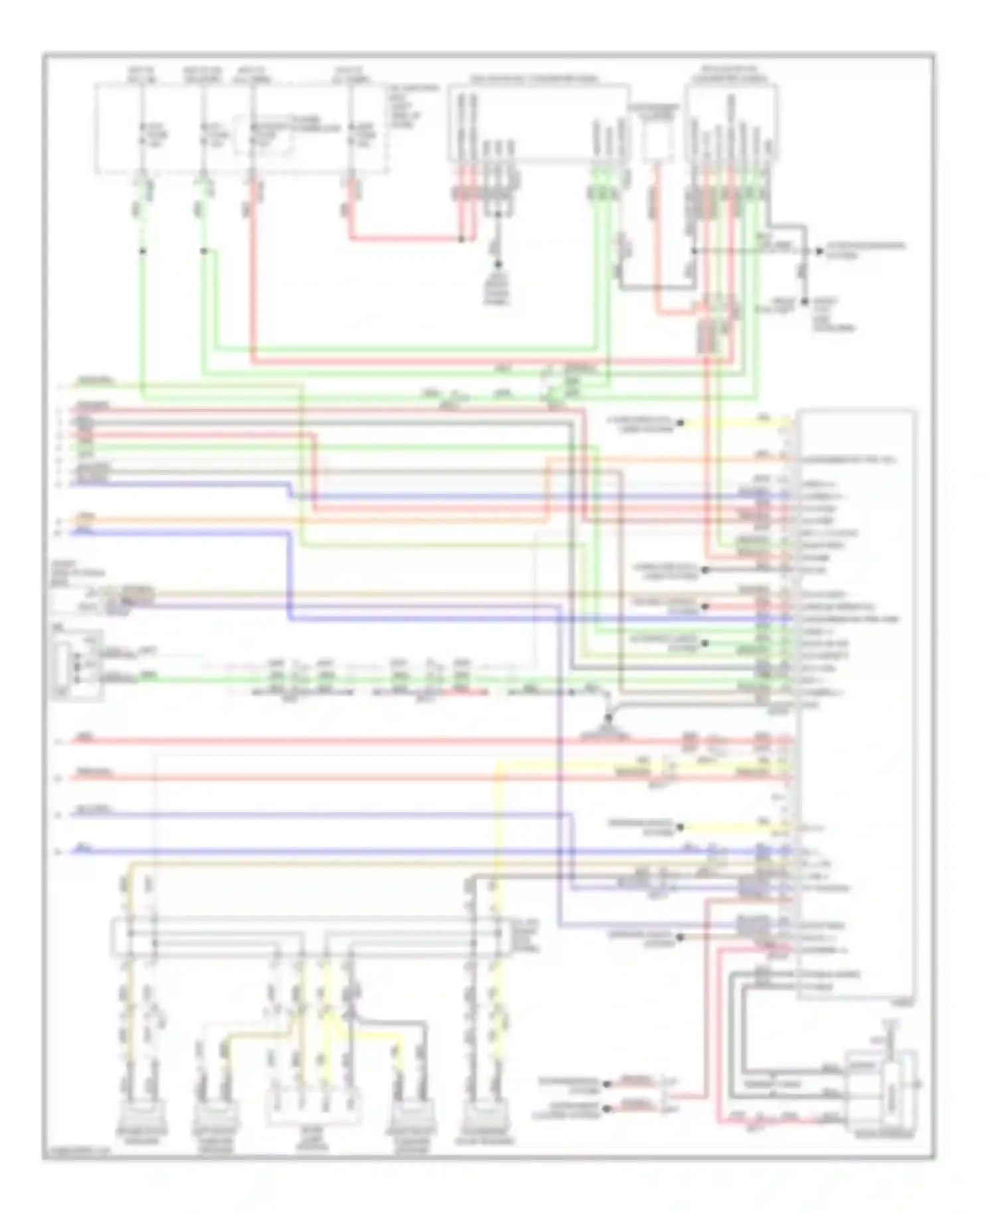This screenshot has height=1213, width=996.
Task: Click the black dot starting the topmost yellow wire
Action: [681, 422]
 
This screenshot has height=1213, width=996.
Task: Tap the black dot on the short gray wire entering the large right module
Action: [705, 569]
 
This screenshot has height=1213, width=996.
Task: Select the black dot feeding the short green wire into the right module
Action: [705, 643]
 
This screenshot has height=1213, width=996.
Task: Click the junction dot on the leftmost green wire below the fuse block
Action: [142, 251]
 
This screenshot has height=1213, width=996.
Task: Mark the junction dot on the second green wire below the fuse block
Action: [204, 251]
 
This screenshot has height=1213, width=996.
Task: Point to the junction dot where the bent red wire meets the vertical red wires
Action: [462, 239]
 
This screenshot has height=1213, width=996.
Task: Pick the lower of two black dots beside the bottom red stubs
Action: [606, 1108]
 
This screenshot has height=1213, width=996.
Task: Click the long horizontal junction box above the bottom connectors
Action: [312, 936]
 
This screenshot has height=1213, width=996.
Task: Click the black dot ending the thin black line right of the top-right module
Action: [819, 251]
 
